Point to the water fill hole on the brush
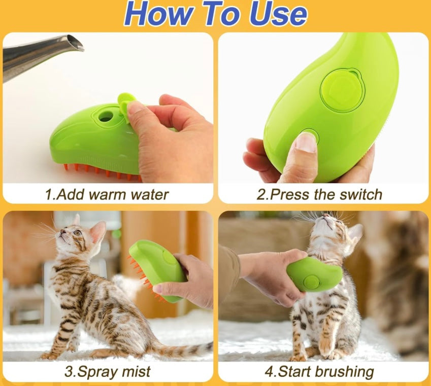105,116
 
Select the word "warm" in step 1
108,194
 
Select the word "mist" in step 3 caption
136,371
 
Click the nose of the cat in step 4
326,216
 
